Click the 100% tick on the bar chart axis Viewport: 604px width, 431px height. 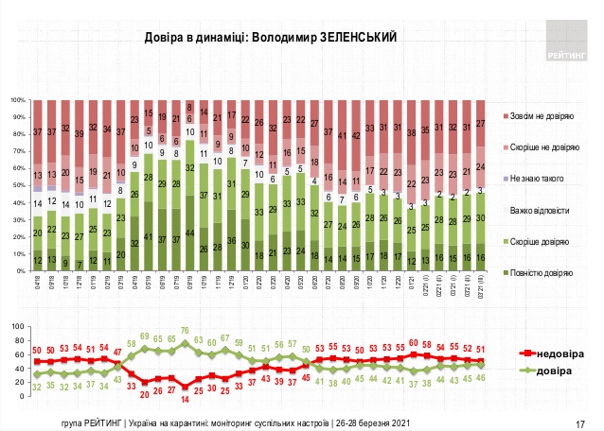17,99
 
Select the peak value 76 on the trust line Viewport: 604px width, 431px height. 186,331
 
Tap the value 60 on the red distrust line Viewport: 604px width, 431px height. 414,344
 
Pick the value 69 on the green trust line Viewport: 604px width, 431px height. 146,336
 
